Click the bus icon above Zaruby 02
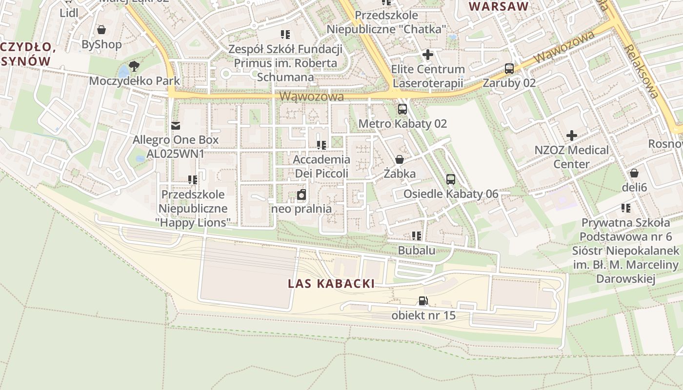pos(509,69)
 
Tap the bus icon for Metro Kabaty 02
pos(402,109)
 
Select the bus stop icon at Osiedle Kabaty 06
pos(451,179)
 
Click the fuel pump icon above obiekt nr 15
pos(423,301)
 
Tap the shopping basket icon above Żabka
pos(400,159)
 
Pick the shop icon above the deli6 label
pos(634,173)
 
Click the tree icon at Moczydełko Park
pos(134,67)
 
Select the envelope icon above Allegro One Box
pos(176,126)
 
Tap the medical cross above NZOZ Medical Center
pos(572,136)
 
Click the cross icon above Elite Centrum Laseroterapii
pos(428,55)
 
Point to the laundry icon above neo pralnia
pos(301,195)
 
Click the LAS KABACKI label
pos(331,284)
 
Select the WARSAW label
pos(499,6)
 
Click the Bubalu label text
pos(417,251)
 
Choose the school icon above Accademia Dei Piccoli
pos(321,145)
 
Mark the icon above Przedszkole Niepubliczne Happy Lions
pos(193,180)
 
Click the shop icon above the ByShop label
pos(101,30)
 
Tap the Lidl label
pos(69,13)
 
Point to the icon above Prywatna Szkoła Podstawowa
pos(626,209)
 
